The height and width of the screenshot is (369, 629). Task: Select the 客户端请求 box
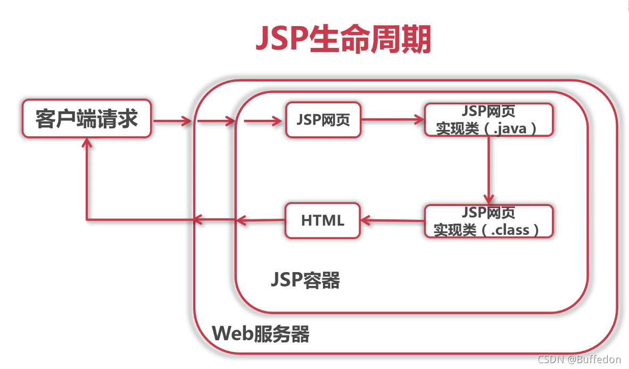coord(87,119)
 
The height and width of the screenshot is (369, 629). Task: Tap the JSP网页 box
coord(323,120)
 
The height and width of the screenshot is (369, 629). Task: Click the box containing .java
coord(489,120)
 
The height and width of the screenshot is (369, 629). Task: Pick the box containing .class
coord(489,220)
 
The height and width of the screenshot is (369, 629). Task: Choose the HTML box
coord(322,220)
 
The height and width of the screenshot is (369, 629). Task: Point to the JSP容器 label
coord(305,280)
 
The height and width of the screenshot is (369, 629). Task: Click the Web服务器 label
coord(261,334)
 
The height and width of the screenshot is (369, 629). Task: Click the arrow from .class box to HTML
coord(393,220)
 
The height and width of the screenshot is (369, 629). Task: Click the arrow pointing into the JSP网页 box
coord(263,121)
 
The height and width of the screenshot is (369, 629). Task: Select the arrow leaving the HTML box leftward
coord(261,219)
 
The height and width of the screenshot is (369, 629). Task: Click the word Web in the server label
coord(229,334)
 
